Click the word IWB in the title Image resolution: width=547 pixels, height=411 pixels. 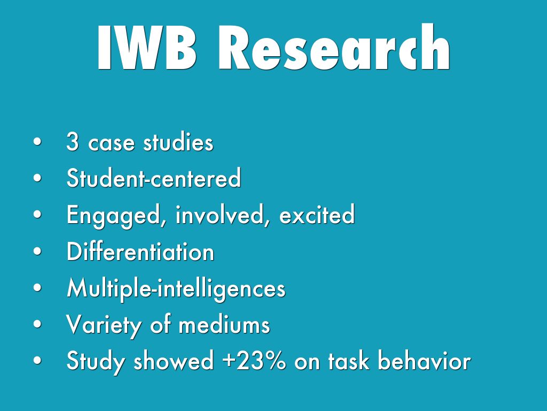pos(146,48)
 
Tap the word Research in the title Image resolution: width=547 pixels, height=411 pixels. pos(334,47)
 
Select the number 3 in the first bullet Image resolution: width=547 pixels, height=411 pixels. pos(73,142)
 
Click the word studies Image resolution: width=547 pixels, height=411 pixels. pos(178,142)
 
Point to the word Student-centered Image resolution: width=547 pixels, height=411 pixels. pos(154,178)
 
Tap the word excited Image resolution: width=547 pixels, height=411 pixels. pos(317,214)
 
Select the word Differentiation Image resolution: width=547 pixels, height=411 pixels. pos(140,251)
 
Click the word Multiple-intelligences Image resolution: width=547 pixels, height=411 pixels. pos(176,288)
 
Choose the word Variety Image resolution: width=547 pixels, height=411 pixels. pos(104,325)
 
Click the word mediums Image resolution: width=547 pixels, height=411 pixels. pos(224,324)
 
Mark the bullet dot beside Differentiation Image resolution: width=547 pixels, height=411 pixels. pos(37,252)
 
